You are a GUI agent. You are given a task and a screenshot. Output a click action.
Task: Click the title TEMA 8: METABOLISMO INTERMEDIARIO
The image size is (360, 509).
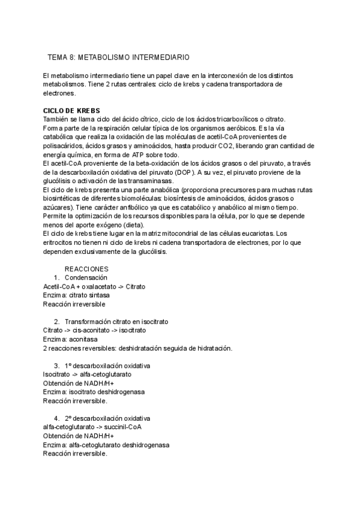(118, 58)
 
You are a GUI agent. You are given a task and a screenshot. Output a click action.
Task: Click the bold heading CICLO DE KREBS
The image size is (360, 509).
(71, 110)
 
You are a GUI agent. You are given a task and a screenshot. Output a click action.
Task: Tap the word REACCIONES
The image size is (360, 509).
(86, 270)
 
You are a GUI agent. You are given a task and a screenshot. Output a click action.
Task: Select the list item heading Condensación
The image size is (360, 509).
(86, 278)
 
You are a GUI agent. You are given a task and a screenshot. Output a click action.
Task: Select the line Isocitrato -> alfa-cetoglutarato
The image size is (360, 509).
(88, 375)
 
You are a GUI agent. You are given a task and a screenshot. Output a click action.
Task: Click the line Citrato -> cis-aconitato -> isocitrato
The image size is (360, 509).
(94, 331)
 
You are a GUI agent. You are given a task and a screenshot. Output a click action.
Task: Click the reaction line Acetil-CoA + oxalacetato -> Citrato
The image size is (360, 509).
(94, 287)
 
